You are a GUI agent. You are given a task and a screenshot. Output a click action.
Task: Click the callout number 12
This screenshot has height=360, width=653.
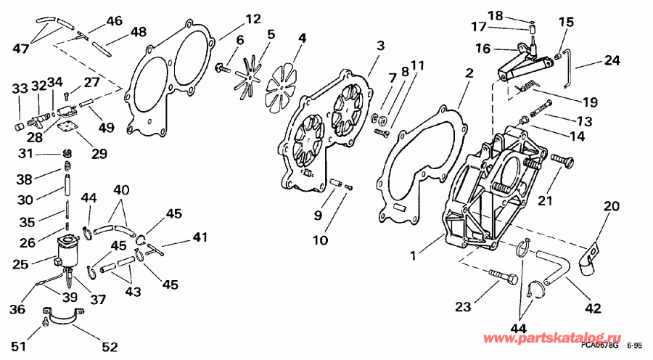pos(232,19)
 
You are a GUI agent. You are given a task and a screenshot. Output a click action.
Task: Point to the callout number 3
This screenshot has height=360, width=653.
pos(379,47)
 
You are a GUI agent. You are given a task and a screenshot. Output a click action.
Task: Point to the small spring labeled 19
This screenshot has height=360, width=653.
pos(527,88)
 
